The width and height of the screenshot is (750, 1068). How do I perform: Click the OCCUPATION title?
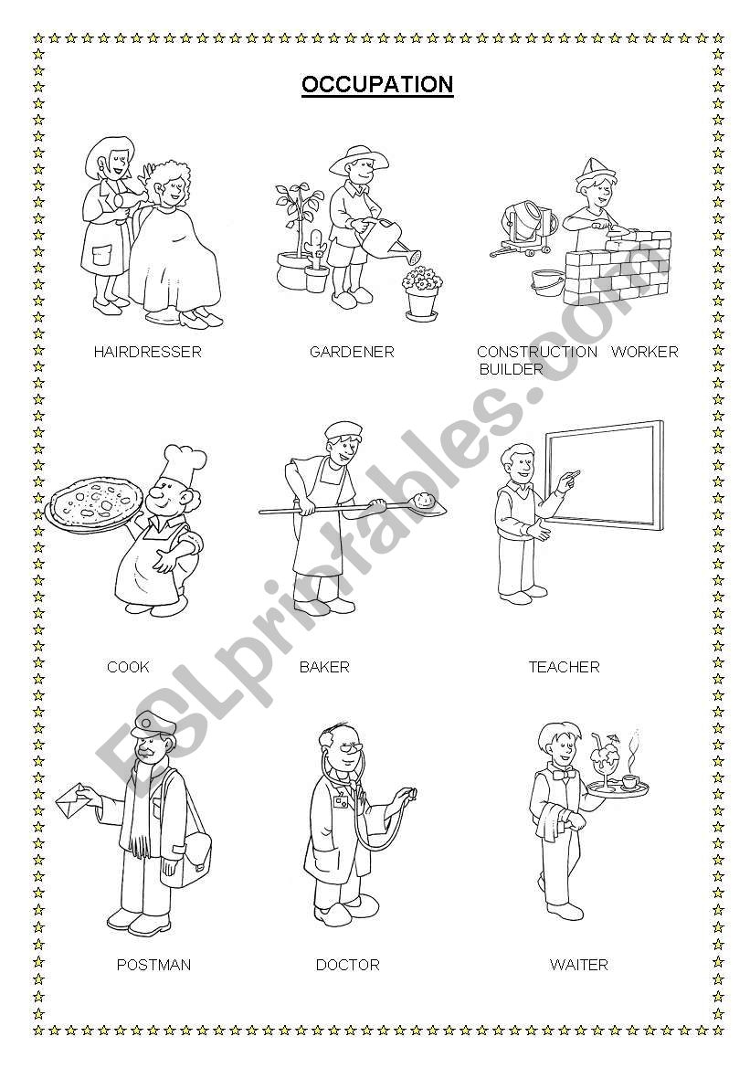coord(377,84)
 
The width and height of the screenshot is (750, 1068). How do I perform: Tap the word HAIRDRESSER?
coord(148,352)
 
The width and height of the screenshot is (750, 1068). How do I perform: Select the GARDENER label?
coord(352,352)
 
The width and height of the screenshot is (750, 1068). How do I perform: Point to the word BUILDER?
coord(511,369)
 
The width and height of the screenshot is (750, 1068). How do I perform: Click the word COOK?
coord(128,667)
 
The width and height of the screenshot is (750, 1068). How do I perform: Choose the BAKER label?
coord(324,667)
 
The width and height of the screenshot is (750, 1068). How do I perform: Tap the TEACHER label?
coord(564,667)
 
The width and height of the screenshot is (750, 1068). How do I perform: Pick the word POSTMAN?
coord(154,965)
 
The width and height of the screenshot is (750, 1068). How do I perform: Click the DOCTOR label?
coord(347,965)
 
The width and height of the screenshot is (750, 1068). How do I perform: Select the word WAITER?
coord(578,965)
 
